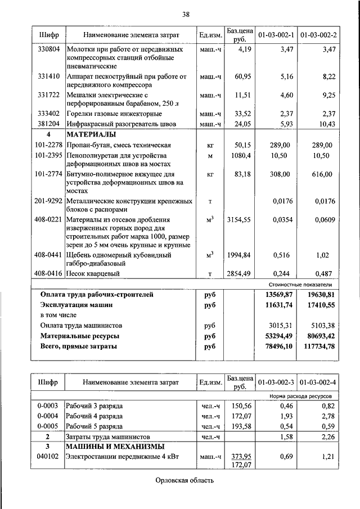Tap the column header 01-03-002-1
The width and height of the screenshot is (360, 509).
[x=276, y=35]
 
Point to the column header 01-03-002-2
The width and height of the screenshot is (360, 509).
[x=318, y=35]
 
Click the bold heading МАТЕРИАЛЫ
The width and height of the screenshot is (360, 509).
[x=91, y=134]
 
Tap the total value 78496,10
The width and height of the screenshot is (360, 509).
[x=278, y=346]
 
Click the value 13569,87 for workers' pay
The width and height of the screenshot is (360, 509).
[x=278, y=294]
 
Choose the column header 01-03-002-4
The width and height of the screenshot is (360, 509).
[x=318, y=383]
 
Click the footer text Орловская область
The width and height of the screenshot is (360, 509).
[x=185, y=480]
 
